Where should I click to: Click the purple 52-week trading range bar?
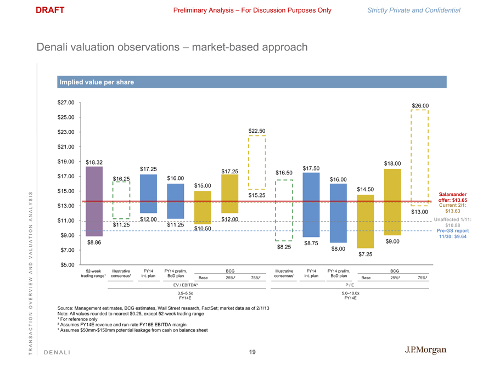pos(94,201)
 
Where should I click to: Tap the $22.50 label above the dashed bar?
pos(257,131)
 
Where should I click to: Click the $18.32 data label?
pos(94,162)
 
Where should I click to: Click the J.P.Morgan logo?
pos(426,351)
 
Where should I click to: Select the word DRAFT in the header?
pos(50,10)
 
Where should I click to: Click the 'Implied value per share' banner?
pos(96,82)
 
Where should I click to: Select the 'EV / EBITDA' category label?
pos(186,285)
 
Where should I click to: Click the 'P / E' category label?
pos(350,285)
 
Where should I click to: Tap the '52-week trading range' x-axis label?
pos(94,273)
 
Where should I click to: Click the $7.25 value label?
pos(366,255)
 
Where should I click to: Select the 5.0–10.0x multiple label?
pos(350,293)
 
